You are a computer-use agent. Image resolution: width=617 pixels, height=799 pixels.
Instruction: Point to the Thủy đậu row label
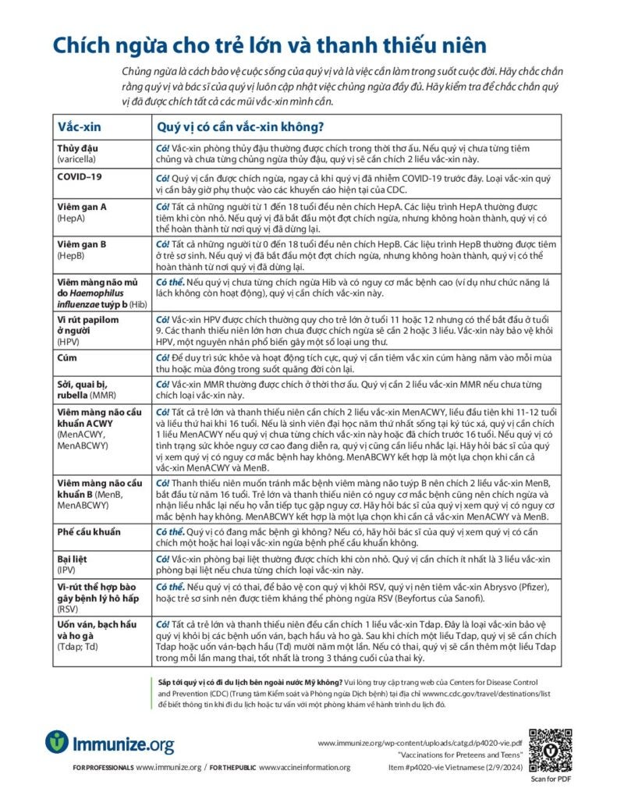click(x=78, y=147)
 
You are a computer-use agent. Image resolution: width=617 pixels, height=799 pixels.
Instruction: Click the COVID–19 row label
click(x=80, y=176)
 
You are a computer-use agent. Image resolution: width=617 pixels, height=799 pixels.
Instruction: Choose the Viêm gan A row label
click(x=82, y=206)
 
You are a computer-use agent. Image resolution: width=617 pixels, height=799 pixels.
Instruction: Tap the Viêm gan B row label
click(x=82, y=244)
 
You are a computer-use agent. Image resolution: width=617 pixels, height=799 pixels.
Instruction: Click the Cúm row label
click(x=69, y=357)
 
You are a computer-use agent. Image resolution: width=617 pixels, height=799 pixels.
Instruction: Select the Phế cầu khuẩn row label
click(x=89, y=531)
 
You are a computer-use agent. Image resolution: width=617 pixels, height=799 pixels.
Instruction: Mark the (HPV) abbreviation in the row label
click(x=69, y=341)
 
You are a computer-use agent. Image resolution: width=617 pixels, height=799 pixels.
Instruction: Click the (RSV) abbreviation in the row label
click(x=69, y=609)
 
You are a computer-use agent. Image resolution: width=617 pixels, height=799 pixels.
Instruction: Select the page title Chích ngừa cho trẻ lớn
click(x=269, y=45)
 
